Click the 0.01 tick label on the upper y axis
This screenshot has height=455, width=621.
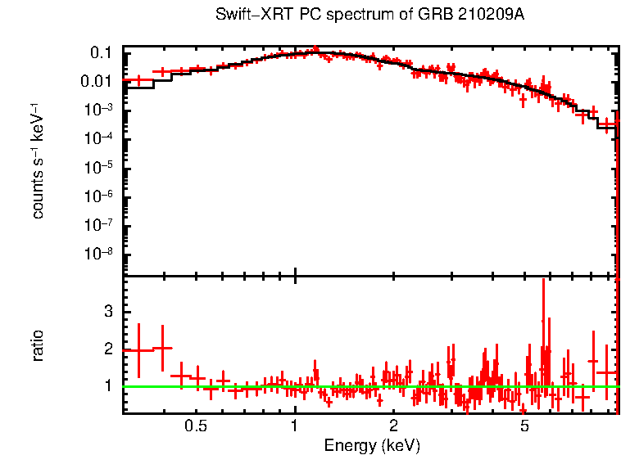tap(97, 82)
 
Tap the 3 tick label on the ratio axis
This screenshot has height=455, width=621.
tap(107, 312)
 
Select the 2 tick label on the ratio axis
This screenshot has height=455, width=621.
tap(107, 349)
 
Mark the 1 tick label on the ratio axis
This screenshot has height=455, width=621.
tap(107, 385)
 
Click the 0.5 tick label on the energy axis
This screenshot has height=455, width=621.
tap(195, 426)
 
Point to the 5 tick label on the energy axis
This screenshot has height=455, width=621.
tap(524, 426)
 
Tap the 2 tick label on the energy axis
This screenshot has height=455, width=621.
tap(393, 426)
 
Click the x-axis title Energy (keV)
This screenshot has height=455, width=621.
tap(371, 445)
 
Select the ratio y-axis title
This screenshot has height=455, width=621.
tap(38, 345)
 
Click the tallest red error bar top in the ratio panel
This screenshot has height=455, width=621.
tap(543, 280)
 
